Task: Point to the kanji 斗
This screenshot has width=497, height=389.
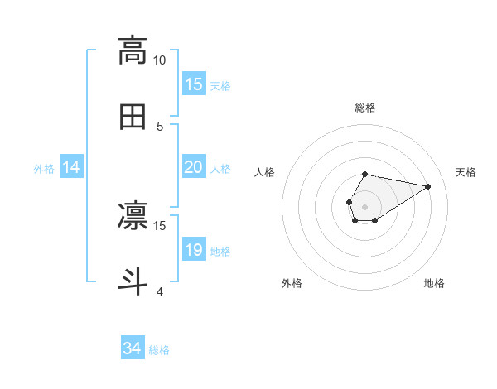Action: pyautogui.click(x=133, y=280)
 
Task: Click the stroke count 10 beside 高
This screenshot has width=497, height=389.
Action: pyautogui.click(x=160, y=60)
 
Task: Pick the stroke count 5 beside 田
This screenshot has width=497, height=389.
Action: pyautogui.click(x=160, y=126)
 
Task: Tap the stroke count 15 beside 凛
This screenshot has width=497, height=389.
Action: pyautogui.click(x=160, y=225)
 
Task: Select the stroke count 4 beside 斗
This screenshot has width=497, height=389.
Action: pyautogui.click(x=160, y=291)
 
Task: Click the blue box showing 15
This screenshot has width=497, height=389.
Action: pyautogui.click(x=194, y=84)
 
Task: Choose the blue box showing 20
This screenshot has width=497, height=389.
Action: pyautogui.click(x=194, y=167)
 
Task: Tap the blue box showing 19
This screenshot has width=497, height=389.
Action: pyautogui.click(x=194, y=250)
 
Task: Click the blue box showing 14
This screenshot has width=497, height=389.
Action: pyautogui.click(x=71, y=167)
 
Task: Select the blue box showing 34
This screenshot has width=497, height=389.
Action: pyautogui.click(x=133, y=349)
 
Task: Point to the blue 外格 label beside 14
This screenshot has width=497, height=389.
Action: pyautogui.click(x=44, y=168)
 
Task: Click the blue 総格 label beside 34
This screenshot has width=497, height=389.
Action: pyautogui.click(x=159, y=350)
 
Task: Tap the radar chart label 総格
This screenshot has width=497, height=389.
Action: pyautogui.click(x=365, y=108)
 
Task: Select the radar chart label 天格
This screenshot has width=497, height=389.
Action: pyautogui.click(x=466, y=172)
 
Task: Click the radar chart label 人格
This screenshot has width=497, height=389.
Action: pyautogui.click(x=265, y=172)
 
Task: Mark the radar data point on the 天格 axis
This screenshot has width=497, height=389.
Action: pyautogui.click(x=427, y=185)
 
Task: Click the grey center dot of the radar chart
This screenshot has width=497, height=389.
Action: pyautogui.click(x=364, y=205)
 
